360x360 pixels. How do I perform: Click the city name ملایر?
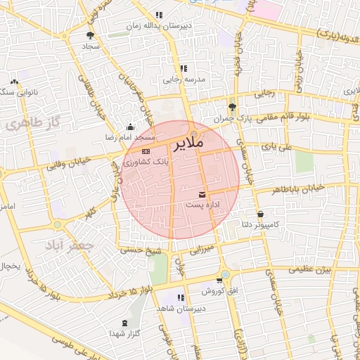(187, 144)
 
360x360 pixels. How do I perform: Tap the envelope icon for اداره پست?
(202, 194)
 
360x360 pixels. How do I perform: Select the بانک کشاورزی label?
(145, 161)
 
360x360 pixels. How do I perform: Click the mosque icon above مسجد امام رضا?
(130, 127)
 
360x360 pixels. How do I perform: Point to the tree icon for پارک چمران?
(233, 108)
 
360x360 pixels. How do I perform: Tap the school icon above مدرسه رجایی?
(184, 69)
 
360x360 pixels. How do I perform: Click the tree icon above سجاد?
(90, 34)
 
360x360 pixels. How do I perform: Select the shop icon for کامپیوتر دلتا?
(261, 214)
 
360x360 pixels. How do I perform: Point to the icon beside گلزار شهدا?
(125, 323)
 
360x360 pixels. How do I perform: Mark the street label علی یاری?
(275, 147)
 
